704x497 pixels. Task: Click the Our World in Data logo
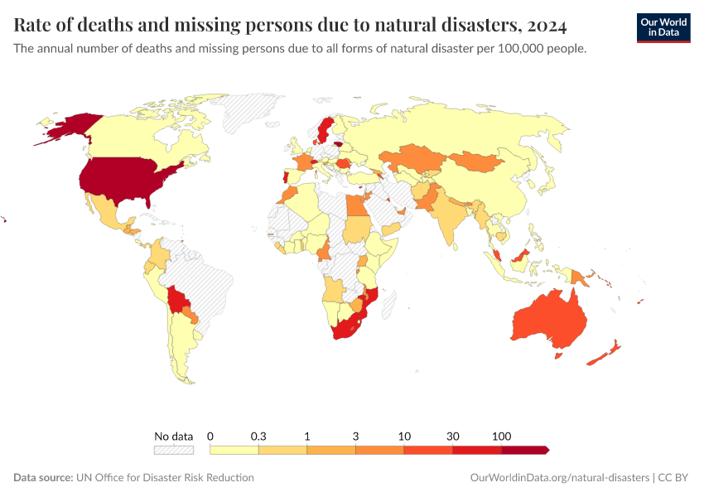tap(663, 27)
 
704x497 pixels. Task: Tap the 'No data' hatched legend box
tap(173, 450)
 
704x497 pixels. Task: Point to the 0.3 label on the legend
tap(258, 436)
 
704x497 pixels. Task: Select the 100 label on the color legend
tap(501, 436)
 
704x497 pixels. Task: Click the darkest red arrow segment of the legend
tap(524, 450)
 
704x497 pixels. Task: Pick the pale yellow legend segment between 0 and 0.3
tap(234, 450)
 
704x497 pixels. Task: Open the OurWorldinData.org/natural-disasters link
tap(559, 478)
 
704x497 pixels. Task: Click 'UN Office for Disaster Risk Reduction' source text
tap(165, 478)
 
